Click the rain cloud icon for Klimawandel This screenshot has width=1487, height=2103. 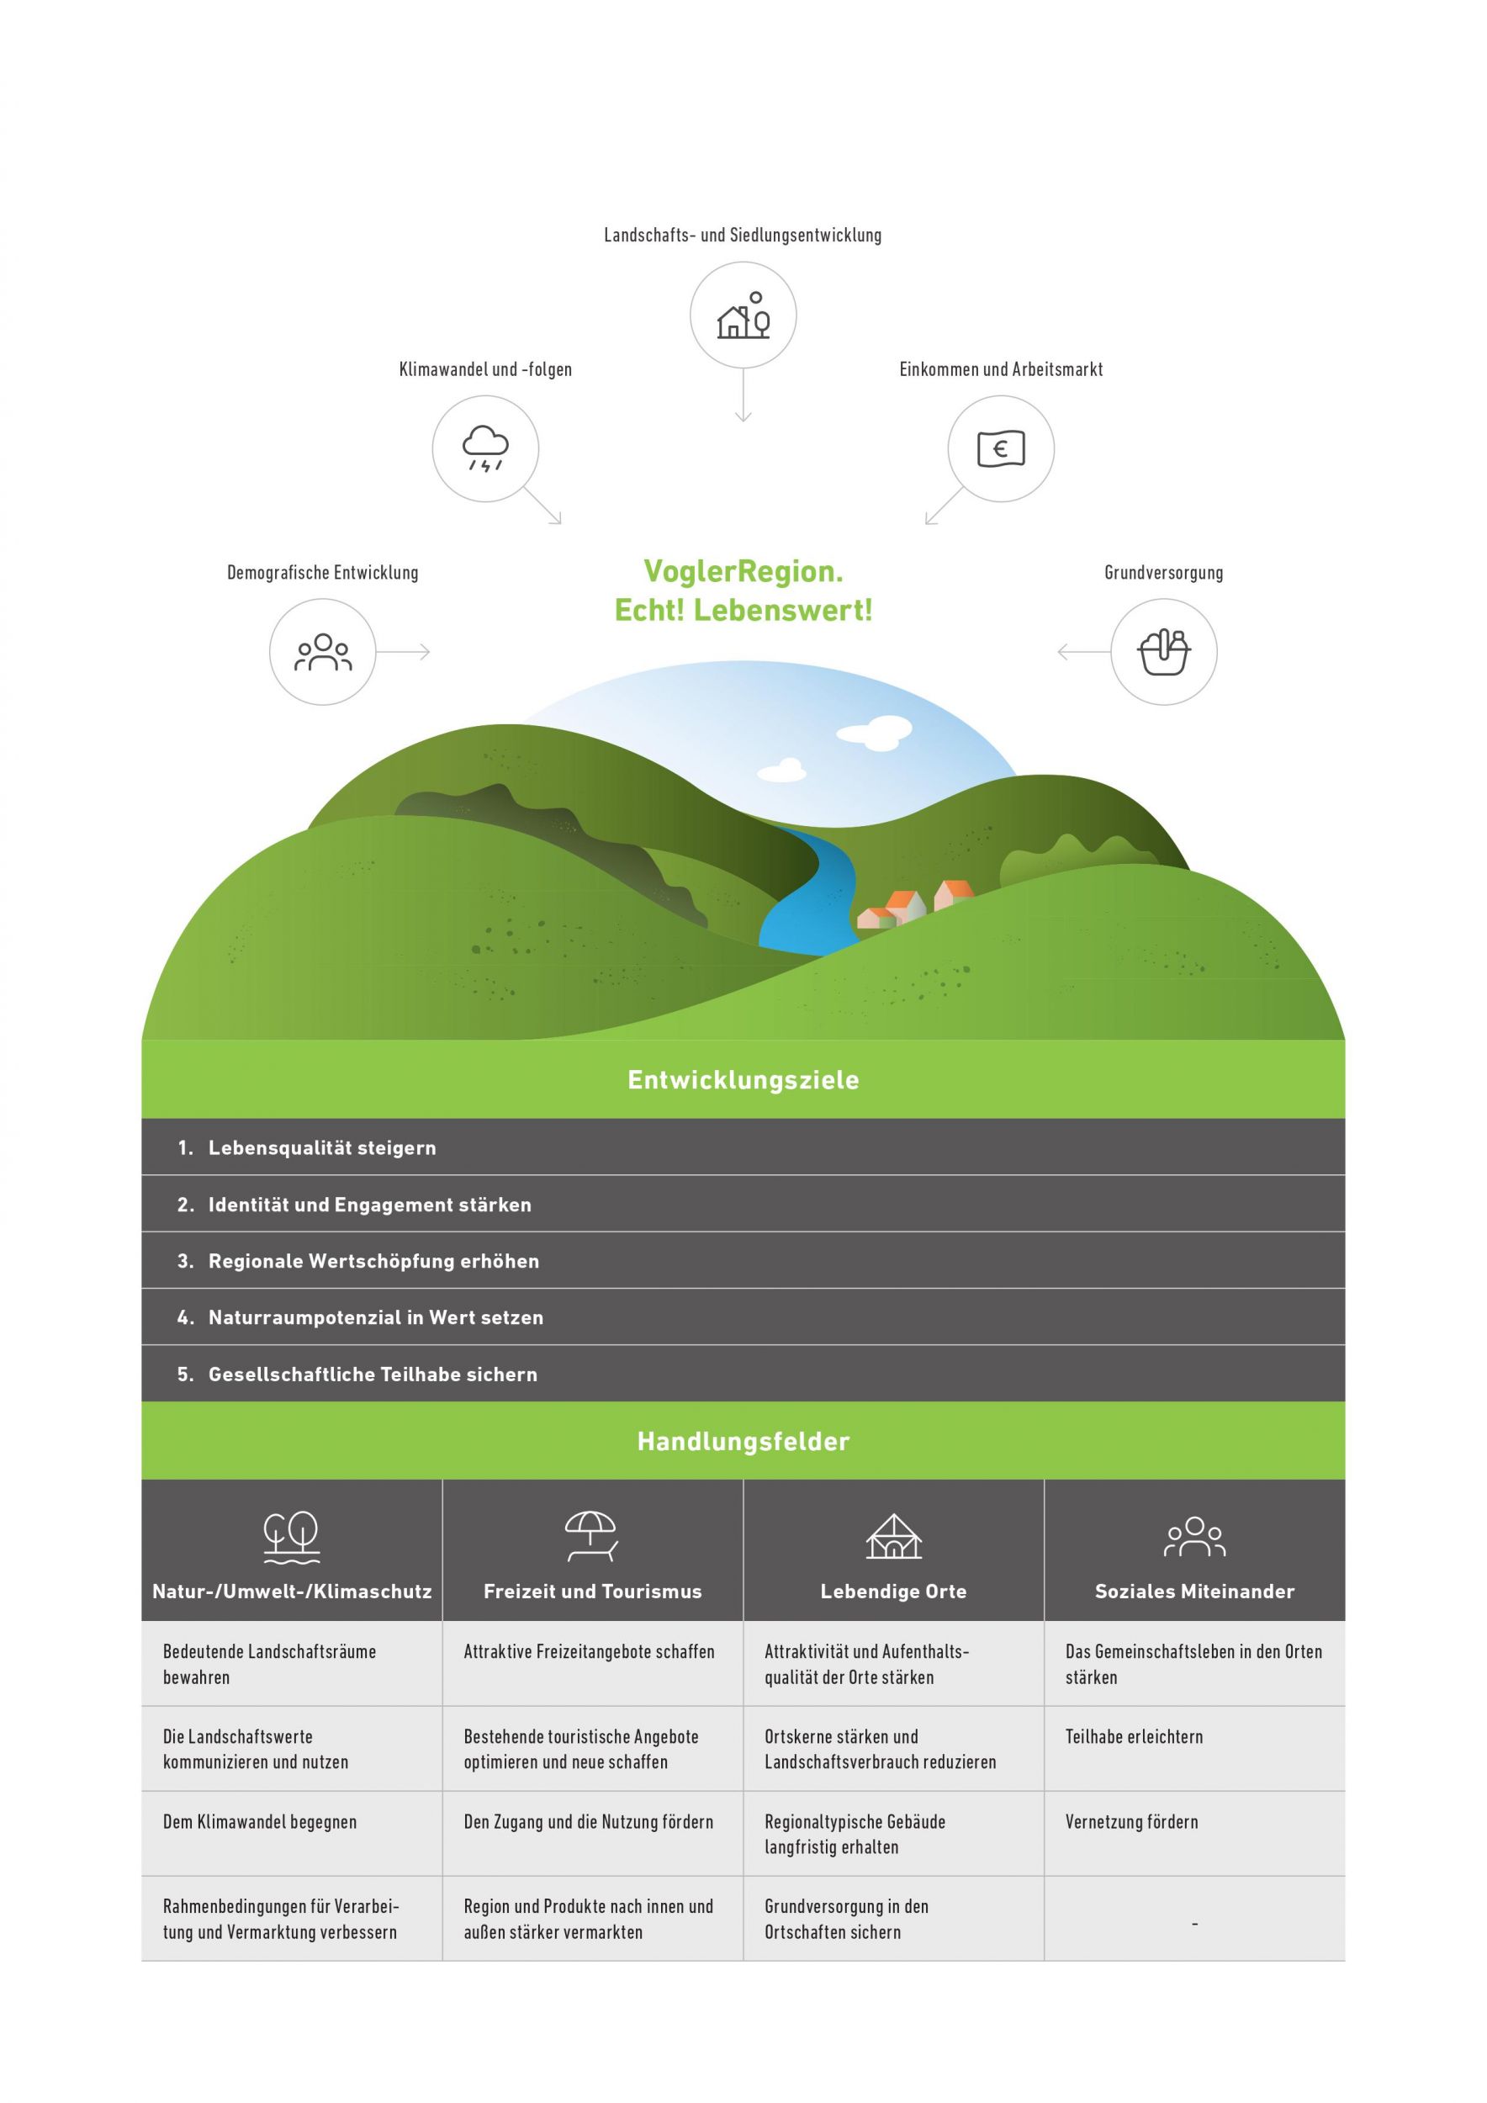point(485,448)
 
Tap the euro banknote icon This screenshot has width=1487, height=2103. point(1000,448)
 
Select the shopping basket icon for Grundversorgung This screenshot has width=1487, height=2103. point(1163,652)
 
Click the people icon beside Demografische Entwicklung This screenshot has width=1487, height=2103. point(322,652)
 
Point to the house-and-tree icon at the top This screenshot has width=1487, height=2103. point(743,316)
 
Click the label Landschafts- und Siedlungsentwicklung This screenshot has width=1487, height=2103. point(743,236)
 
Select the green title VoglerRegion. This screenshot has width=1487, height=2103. point(743,571)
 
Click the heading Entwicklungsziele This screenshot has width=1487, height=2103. point(743,1080)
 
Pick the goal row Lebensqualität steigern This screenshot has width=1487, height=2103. point(321,1147)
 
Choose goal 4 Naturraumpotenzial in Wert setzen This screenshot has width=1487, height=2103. point(375,1317)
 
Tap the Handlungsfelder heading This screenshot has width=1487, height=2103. point(743,1442)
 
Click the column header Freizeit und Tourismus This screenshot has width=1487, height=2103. point(592,1591)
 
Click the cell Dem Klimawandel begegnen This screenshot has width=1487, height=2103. point(260,1822)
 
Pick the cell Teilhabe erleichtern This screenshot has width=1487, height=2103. point(1134,1736)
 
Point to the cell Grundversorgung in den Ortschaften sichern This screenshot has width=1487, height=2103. point(846,1918)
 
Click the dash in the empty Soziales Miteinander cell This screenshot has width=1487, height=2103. point(1194,1925)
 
